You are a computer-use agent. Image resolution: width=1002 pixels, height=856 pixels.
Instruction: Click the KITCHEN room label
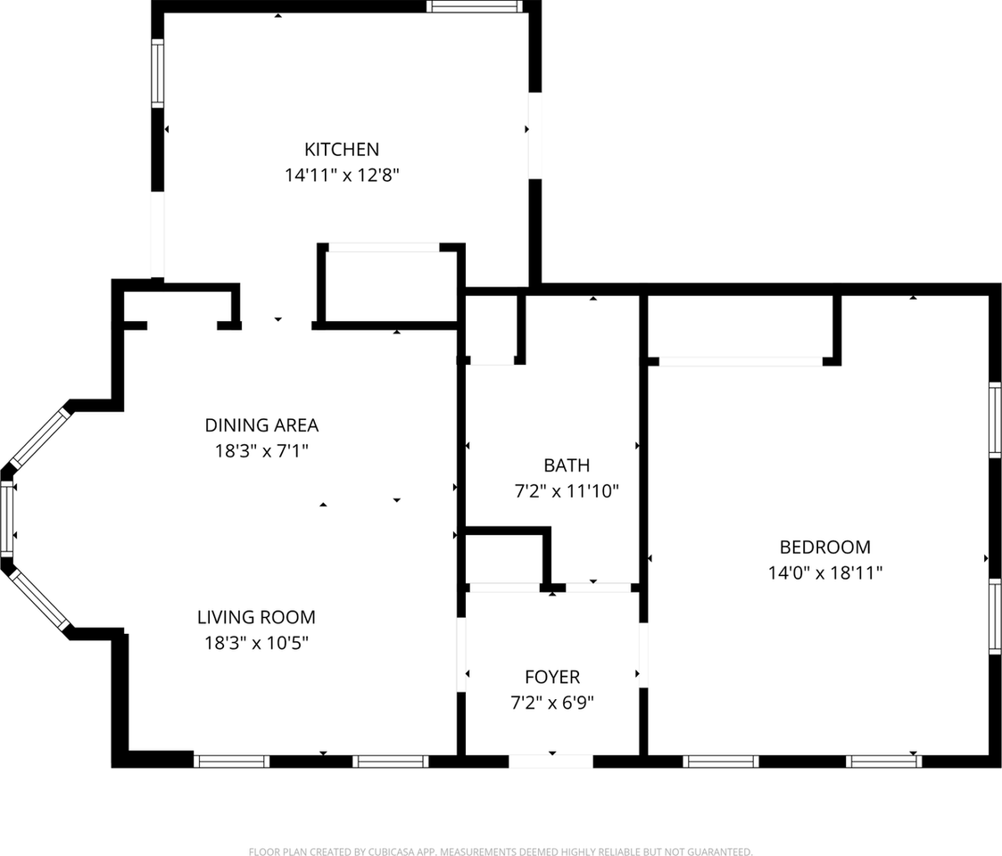click(342, 150)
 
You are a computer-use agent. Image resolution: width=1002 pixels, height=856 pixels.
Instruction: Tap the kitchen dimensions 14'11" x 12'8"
click(342, 176)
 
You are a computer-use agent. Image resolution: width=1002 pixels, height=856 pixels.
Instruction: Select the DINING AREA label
click(261, 425)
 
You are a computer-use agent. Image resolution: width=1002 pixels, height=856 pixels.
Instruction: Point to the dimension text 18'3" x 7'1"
click(261, 451)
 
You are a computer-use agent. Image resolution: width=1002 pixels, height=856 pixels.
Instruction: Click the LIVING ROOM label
click(256, 617)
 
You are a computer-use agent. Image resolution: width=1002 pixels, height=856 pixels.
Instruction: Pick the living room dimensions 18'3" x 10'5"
click(256, 643)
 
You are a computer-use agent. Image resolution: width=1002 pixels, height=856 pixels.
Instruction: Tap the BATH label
click(567, 465)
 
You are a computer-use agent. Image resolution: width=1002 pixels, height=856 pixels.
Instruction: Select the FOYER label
click(552, 678)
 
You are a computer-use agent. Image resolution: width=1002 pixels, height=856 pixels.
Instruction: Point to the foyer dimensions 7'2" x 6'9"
click(552, 703)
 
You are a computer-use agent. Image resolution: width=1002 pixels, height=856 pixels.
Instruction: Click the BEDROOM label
click(825, 547)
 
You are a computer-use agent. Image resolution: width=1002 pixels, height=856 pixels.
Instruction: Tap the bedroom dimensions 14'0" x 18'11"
click(825, 573)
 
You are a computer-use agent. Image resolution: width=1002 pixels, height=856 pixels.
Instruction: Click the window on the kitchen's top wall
click(473, 6)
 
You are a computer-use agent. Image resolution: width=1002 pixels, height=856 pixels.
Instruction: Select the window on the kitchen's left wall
click(158, 73)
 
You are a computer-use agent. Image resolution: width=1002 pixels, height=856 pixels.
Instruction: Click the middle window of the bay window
click(7, 519)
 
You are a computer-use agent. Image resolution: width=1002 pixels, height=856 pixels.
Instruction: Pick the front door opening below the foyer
click(551, 761)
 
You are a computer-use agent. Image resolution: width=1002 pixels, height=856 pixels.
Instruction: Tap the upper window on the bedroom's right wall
click(994, 420)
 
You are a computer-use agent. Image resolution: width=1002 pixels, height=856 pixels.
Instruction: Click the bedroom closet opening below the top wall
click(741, 361)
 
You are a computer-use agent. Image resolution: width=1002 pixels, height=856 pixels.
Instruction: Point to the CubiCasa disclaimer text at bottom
click(501, 852)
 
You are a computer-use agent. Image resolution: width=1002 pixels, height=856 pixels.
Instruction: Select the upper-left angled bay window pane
click(38, 439)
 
